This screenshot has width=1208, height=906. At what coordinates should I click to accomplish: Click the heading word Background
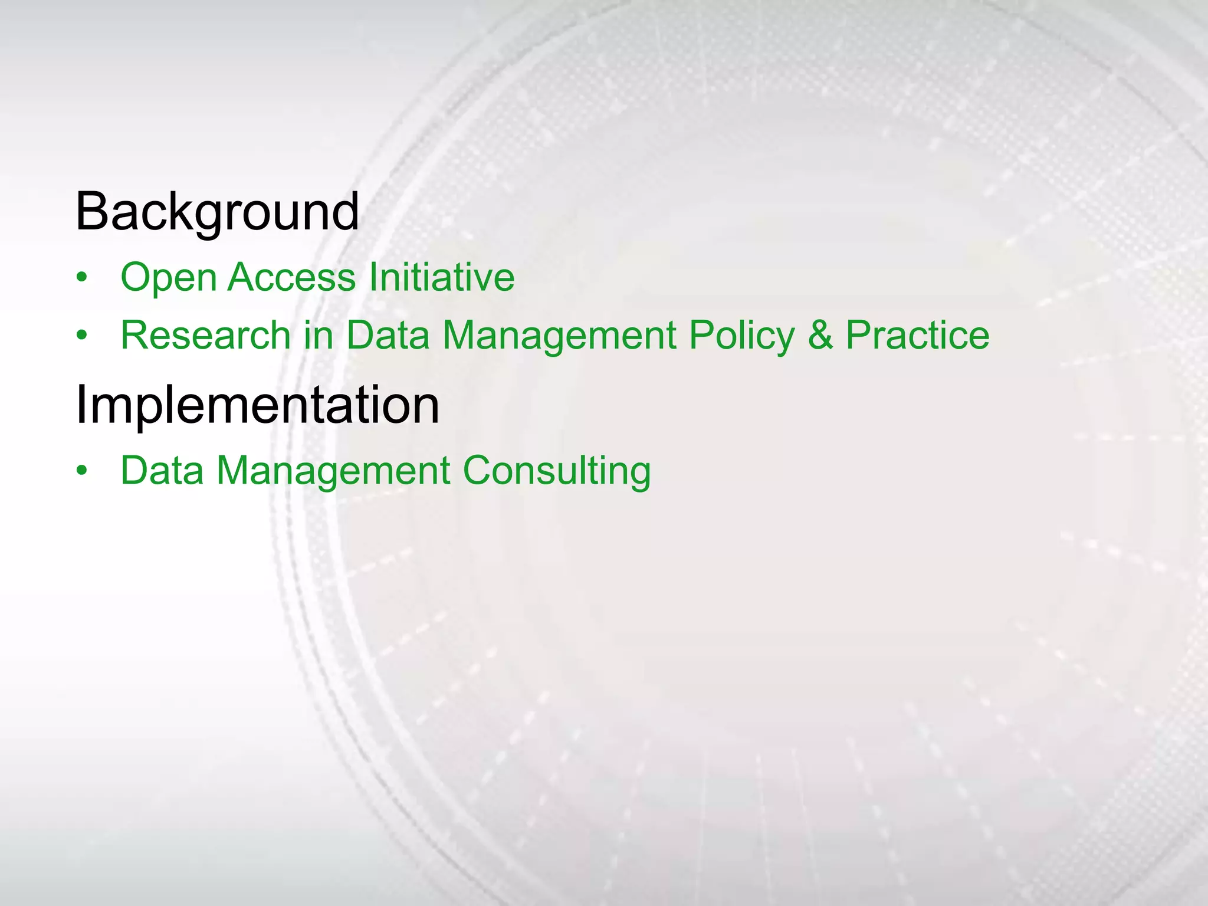[217, 212]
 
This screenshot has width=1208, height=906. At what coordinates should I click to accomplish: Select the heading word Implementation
[257, 405]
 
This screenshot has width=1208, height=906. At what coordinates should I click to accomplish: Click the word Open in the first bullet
[168, 278]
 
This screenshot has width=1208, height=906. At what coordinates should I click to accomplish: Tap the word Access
[291, 277]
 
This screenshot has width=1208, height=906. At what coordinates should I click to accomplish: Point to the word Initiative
[441, 277]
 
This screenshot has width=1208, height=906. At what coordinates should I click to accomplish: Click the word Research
[206, 335]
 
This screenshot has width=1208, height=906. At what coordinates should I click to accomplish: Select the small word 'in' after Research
[319, 335]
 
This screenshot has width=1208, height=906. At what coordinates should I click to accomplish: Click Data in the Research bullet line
[388, 335]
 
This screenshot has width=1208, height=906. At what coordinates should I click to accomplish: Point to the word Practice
[917, 335]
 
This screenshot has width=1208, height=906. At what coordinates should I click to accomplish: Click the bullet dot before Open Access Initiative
[82, 278]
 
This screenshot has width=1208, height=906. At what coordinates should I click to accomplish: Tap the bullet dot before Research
[82, 336]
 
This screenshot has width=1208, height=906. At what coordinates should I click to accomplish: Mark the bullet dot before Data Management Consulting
[82, 471]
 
